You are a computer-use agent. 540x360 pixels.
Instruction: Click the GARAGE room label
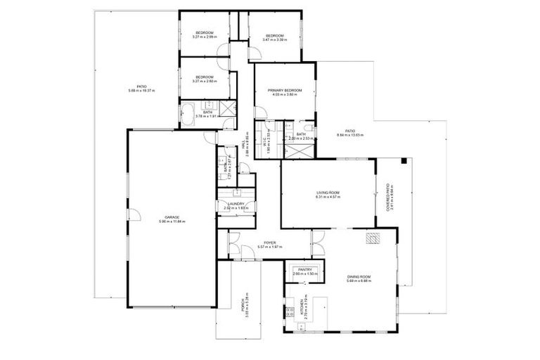pyautogui.click(x=172, y=217)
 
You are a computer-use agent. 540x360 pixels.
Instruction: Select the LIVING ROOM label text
pyautogui.click(x=328, y=193)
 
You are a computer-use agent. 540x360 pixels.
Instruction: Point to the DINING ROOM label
pyautogui.click(x=359, y=277)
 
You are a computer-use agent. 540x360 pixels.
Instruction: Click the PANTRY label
pyautogui.click(x=304, y=269)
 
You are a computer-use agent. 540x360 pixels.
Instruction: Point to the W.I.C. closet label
pyautogui.click(x=265, y=142)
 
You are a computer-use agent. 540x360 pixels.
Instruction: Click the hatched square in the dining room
pyautogui.click(x=372, y=239)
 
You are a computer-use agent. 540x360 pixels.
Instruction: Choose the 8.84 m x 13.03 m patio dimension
pyautogui.click(x=350, y=135)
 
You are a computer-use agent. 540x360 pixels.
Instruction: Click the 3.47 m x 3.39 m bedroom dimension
pyautogui.click(x=274, y=40)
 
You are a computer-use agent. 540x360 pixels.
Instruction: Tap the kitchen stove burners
pyautogui.click(x=288, y=311)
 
